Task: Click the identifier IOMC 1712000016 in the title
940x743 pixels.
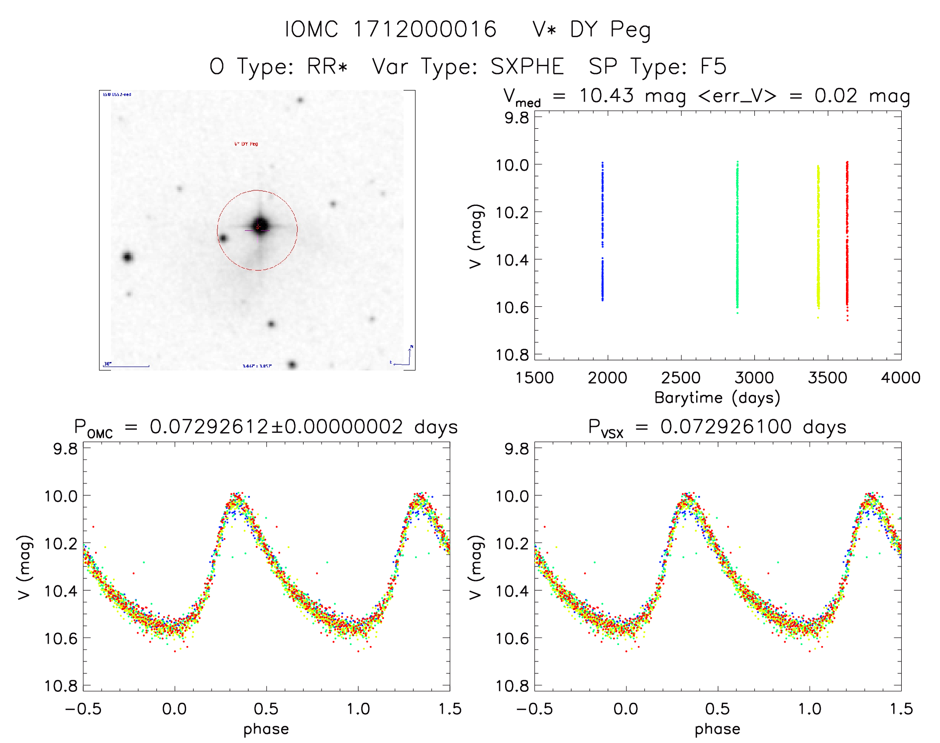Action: (390, 29)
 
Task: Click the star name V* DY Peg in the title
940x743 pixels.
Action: (591, 30)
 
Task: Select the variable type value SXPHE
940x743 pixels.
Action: (527, 67)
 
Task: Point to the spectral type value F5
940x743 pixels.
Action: (714, 67)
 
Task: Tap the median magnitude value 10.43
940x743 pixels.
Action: (607, 95)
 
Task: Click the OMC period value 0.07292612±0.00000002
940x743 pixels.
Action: (276, 427)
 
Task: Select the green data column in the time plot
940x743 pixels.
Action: (737, 234)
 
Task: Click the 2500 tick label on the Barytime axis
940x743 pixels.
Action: (681, 378)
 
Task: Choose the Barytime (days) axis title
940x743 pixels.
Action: (717, 398)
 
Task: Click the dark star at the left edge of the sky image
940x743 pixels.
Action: (127, 257)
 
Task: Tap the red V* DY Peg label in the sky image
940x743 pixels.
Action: (246, 144)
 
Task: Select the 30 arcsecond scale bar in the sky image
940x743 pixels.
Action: (127, 366)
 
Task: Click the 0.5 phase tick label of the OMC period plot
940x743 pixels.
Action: (266, 709)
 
